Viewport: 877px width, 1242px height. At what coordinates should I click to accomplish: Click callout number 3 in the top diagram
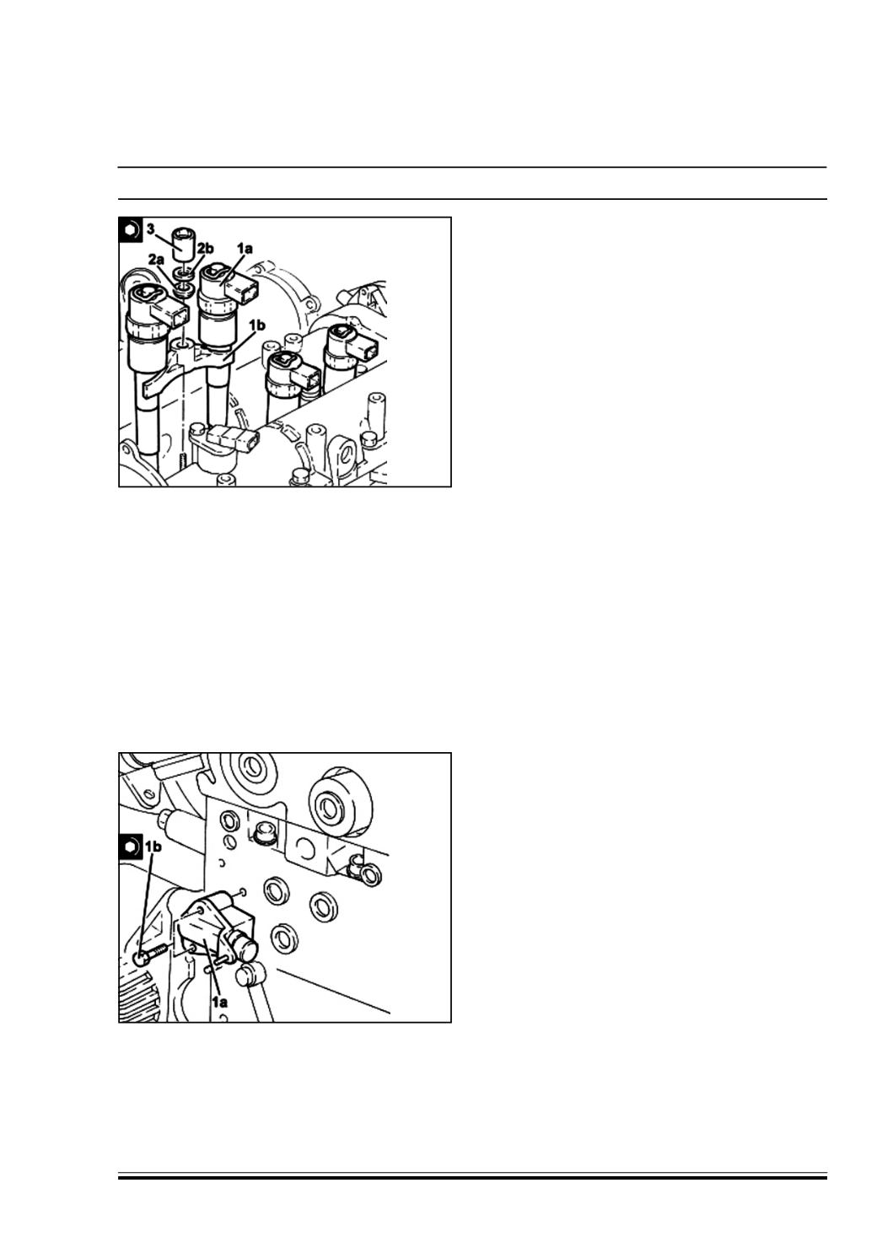pos(151,229)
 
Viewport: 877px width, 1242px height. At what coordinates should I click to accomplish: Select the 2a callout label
pos(156,258)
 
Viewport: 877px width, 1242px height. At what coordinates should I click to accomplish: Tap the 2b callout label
pos(205,248)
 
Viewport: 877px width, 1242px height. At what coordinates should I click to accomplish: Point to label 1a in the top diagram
pos(245,249)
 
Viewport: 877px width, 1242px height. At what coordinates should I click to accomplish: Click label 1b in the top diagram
pos(256,325)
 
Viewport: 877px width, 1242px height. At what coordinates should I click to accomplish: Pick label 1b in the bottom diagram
pos(153,846)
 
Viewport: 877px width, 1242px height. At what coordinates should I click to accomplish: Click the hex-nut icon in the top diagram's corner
pos(131,229)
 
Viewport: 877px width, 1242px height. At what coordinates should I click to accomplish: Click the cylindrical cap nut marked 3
pos(184,245)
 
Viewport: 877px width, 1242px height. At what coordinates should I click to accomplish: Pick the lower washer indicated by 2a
pos(183,289)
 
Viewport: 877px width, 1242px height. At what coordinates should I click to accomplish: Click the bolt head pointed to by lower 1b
pos(143,956)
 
